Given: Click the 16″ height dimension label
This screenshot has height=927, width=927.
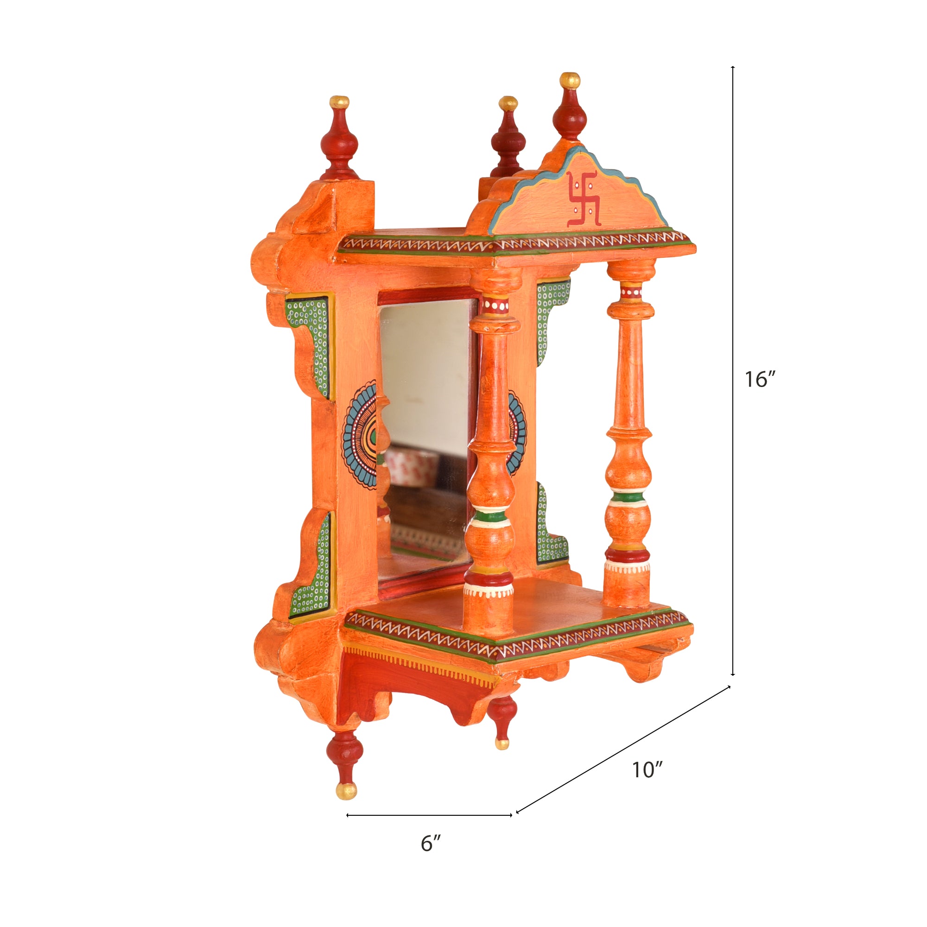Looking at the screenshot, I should (760, 380).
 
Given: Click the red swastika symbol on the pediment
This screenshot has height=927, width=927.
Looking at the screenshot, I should (584, 199).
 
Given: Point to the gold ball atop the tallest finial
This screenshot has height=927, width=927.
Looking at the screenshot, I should (570, 80).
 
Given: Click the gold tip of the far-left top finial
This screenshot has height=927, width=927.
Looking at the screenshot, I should (339, 102).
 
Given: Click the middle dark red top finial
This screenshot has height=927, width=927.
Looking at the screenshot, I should (508, 139).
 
